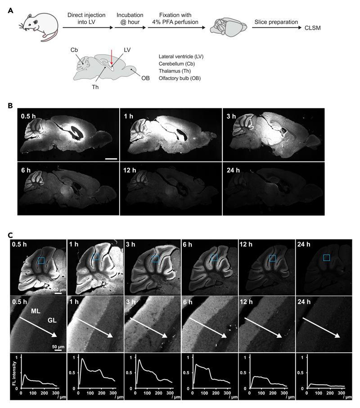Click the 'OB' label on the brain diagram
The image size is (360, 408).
tap(145, 77)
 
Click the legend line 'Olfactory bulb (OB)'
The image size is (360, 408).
tap(180, 78)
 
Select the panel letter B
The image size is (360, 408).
tap(10, 105)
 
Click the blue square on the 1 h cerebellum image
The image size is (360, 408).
tap(95, 256)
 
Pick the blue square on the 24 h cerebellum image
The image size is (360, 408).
tap(327, 257)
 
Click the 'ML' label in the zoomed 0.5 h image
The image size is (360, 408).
tap(35, 311)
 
